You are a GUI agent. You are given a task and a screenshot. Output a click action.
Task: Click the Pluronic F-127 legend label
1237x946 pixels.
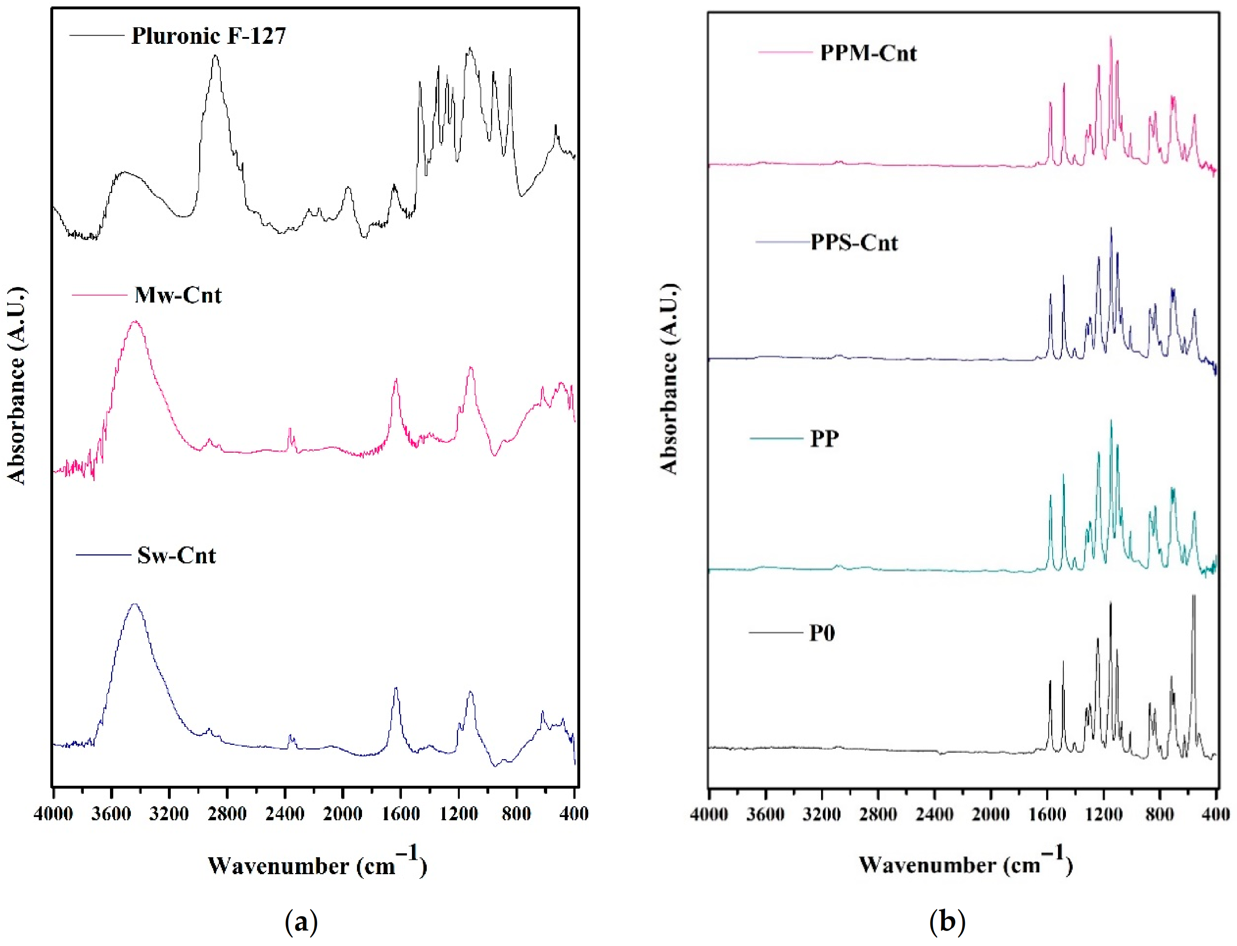coord(209,36)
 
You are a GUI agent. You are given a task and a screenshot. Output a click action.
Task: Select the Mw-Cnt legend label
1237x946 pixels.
coord(178,295)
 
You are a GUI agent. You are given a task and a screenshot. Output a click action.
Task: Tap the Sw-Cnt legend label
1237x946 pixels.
coord(176,556)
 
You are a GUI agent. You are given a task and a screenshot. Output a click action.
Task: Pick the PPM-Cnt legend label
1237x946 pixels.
coord(868,53)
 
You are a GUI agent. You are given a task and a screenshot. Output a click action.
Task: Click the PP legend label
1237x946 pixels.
coord(824,439)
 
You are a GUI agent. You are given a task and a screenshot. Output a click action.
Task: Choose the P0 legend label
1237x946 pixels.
coord(822,633)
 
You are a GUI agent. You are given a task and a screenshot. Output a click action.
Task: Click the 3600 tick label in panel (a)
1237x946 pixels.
coord(111,814)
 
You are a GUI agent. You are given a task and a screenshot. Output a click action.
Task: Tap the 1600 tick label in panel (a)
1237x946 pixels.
coord(400,814)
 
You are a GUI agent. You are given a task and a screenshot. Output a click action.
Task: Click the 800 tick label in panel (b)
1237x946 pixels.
coord(1160,814)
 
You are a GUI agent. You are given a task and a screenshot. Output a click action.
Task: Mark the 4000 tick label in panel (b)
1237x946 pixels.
coord(709,814)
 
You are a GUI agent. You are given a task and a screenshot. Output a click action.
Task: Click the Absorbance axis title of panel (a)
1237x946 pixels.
coord(17,386)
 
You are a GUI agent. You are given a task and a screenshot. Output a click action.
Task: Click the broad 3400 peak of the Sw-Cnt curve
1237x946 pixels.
coord(134,605)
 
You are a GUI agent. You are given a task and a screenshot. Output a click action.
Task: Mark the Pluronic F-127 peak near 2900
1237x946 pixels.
coord(215,56)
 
